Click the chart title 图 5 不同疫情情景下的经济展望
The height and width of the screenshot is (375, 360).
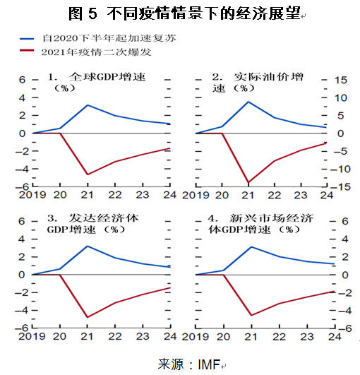click(184, 13)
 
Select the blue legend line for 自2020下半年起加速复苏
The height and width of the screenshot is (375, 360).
click(27, 39)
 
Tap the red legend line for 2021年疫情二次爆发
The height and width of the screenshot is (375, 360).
click(27, 50)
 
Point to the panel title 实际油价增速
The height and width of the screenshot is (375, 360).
click(258, 82)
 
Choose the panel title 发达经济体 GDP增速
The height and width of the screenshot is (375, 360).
click(92, 224)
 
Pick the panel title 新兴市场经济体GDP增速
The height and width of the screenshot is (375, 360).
click(260, 224)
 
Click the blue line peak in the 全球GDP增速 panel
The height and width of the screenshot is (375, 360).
click(88, 105)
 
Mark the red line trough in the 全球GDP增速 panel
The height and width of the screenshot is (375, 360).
click(88, 174)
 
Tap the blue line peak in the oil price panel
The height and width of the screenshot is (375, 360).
click(248, 102)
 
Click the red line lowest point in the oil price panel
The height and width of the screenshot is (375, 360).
click(248, 182)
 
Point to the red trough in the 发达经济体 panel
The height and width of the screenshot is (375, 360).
click(88, 317)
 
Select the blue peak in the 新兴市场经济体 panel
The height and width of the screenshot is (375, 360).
click(251, 246)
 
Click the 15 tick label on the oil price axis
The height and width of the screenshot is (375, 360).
click(341, 80)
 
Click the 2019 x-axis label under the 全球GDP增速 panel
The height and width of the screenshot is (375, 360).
click(32, 195)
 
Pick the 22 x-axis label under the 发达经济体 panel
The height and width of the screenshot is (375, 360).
click(115, 336)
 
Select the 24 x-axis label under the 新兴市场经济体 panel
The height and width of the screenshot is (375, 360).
click(335, 337)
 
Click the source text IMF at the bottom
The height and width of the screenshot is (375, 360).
click(209, 364)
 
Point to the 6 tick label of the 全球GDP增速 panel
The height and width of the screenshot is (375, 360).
click(22, 80)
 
